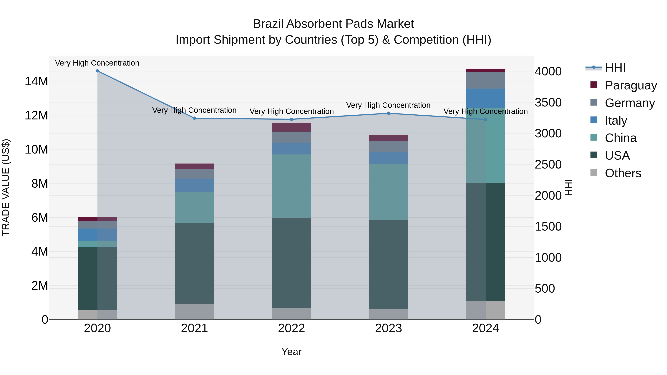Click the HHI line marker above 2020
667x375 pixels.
[x=97, y=71]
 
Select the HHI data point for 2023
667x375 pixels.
[x=388, y=113]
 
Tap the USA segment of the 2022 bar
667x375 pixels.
[x=291, y=262]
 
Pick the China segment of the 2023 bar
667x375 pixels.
[x=388, y=192]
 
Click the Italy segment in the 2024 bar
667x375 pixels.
[x=485, y=98]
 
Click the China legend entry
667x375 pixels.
[x=620, y=138]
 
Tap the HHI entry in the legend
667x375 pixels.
[x=615, y=68]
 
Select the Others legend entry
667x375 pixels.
[x=623, y=173]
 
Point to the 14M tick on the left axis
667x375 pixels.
[x=36, y=81]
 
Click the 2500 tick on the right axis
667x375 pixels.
[x=548, y=165]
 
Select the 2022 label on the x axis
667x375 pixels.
[x=291, y=328]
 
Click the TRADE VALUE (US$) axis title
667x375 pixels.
[x=6, y=187]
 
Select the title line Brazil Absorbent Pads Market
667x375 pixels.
[x=333, y=24]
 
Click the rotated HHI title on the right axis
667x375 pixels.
[x=569, y=187]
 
